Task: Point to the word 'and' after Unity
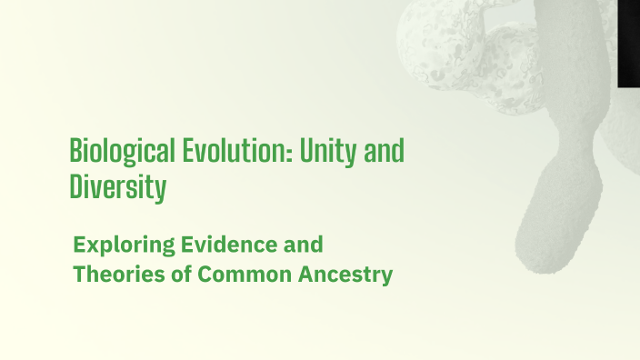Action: [385, 151]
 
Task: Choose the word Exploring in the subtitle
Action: [118, 245]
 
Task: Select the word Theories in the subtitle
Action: [115, 274]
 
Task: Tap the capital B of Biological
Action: [75, 151]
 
